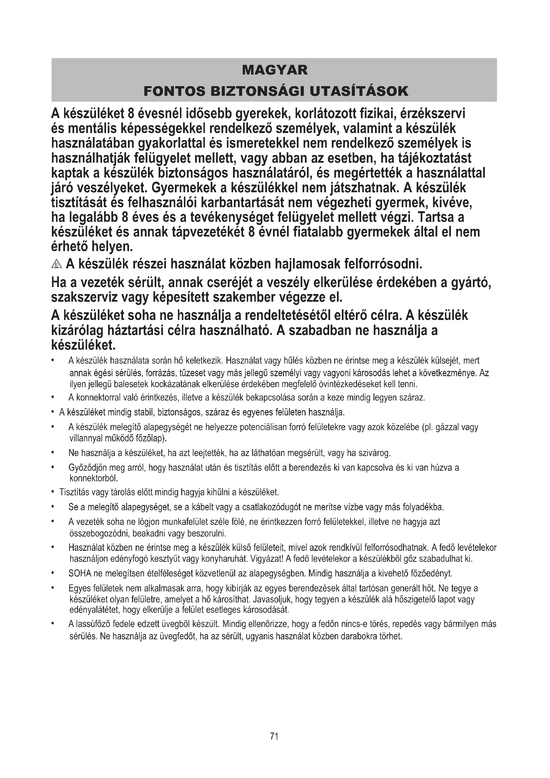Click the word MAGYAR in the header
click(275, 70)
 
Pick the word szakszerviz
click(84, 297)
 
